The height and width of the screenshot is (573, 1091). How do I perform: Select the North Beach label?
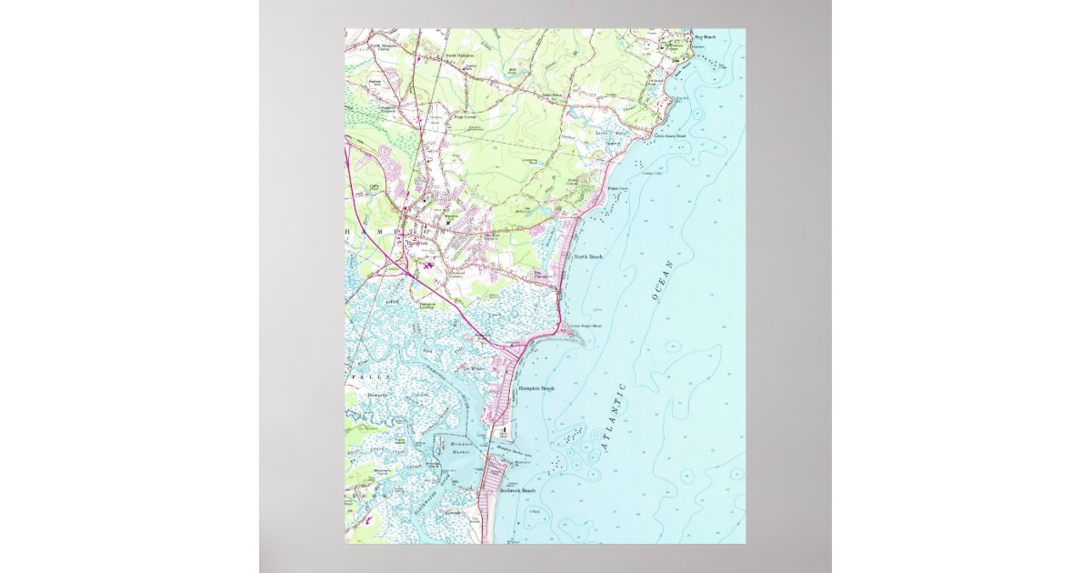589,257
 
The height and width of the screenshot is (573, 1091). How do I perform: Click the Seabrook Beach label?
517,490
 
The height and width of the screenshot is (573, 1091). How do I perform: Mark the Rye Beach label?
705,37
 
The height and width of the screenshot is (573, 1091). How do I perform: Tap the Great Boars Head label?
585,325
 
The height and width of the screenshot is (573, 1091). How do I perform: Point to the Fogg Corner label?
465,116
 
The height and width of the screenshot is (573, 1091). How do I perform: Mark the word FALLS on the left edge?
374,376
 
